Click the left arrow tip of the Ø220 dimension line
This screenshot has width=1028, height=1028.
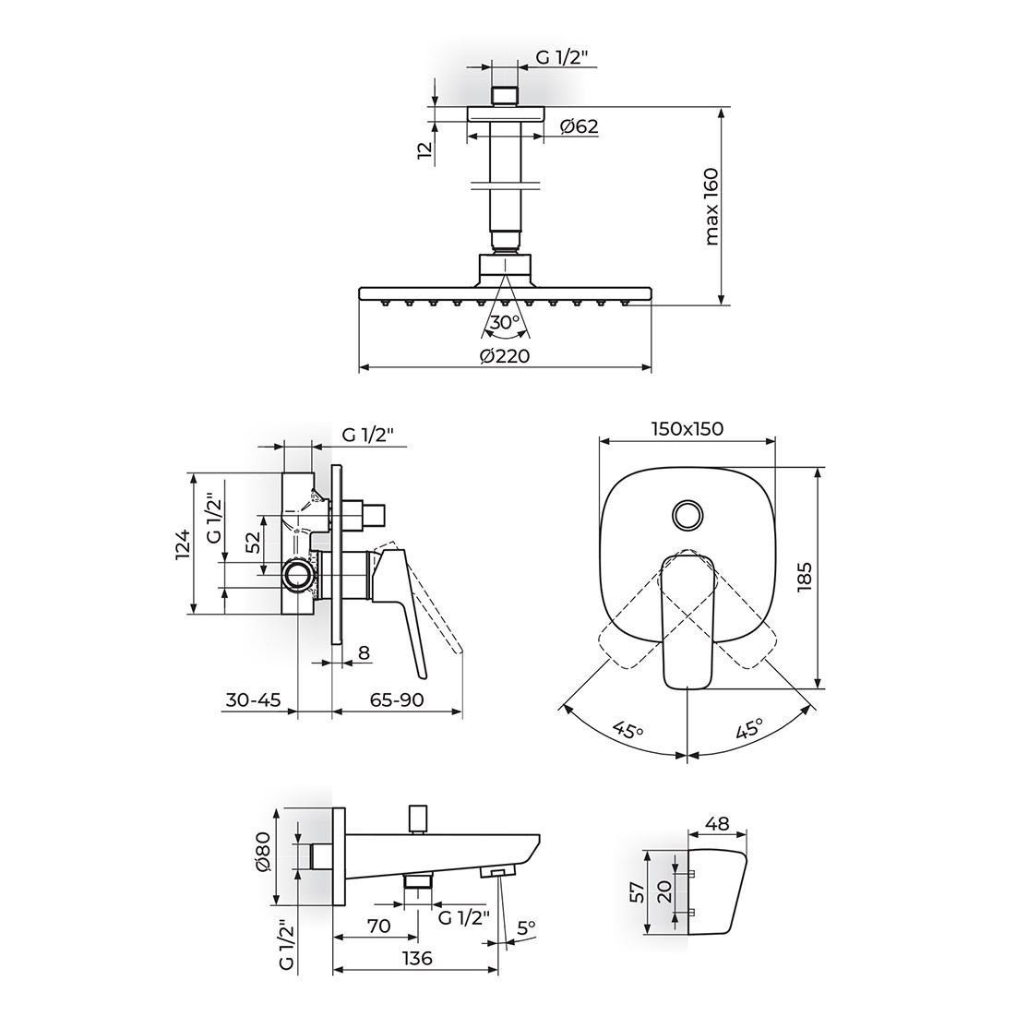[x=360, y=368]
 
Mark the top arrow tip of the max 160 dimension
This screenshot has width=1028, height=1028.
[x=722, y=108]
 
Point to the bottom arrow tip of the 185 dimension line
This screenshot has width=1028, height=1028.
[x=818, y=688]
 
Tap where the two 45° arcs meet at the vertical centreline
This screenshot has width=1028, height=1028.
[x=687, y=756]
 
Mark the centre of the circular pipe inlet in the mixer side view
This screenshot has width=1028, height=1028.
[x=298, y=576]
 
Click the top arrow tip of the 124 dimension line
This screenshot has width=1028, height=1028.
[x=194, y=473]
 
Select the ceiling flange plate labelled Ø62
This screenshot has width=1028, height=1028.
[x=506, y=114]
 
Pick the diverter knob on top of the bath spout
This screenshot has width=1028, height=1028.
[x=416, y=818]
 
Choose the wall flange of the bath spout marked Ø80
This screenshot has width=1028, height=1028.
[x=339, y=855]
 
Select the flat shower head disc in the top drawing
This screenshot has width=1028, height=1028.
[x=506, y=293]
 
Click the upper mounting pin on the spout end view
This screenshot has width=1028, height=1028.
[x=690, y=874]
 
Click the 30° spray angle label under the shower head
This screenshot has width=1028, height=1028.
[x=506, y=322]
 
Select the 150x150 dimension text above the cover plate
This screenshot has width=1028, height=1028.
[x=687, y=429]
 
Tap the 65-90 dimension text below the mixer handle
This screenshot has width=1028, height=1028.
[x=397, y=699]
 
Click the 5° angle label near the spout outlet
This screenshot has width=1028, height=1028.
[x=526, y=927]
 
